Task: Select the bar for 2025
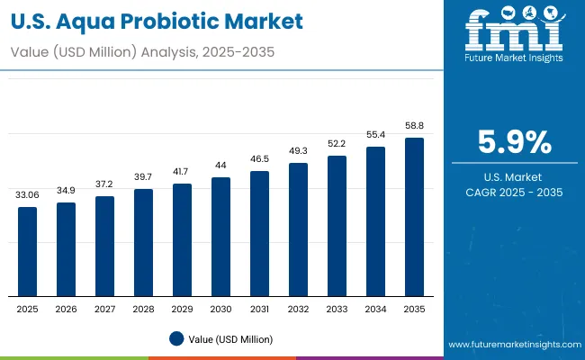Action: coord(28,251)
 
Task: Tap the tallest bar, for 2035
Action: coord(414,217)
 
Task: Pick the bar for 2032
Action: coord(298,229)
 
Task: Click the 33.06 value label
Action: coord(28,194)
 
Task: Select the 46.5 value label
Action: coord(259,158)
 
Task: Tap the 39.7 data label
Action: coord(144,177)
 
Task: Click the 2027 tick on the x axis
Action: coord(105,309)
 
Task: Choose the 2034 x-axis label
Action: coord(375,309)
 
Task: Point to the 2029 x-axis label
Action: coord(183,309)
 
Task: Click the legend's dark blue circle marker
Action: coord(177,338)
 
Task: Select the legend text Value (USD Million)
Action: coord(230,338)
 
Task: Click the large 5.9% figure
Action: coord(514,142)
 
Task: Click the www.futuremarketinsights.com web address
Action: coord(512,345)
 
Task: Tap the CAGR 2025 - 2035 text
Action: coord(514,193)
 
